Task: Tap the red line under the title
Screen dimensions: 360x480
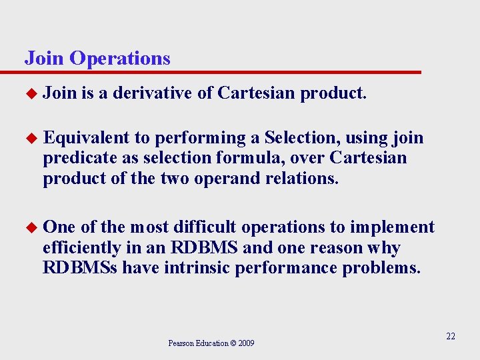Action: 220,72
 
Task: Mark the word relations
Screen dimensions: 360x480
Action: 305,179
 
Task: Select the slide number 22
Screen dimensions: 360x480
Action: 451,337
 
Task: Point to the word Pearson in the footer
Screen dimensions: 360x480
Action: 180,343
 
